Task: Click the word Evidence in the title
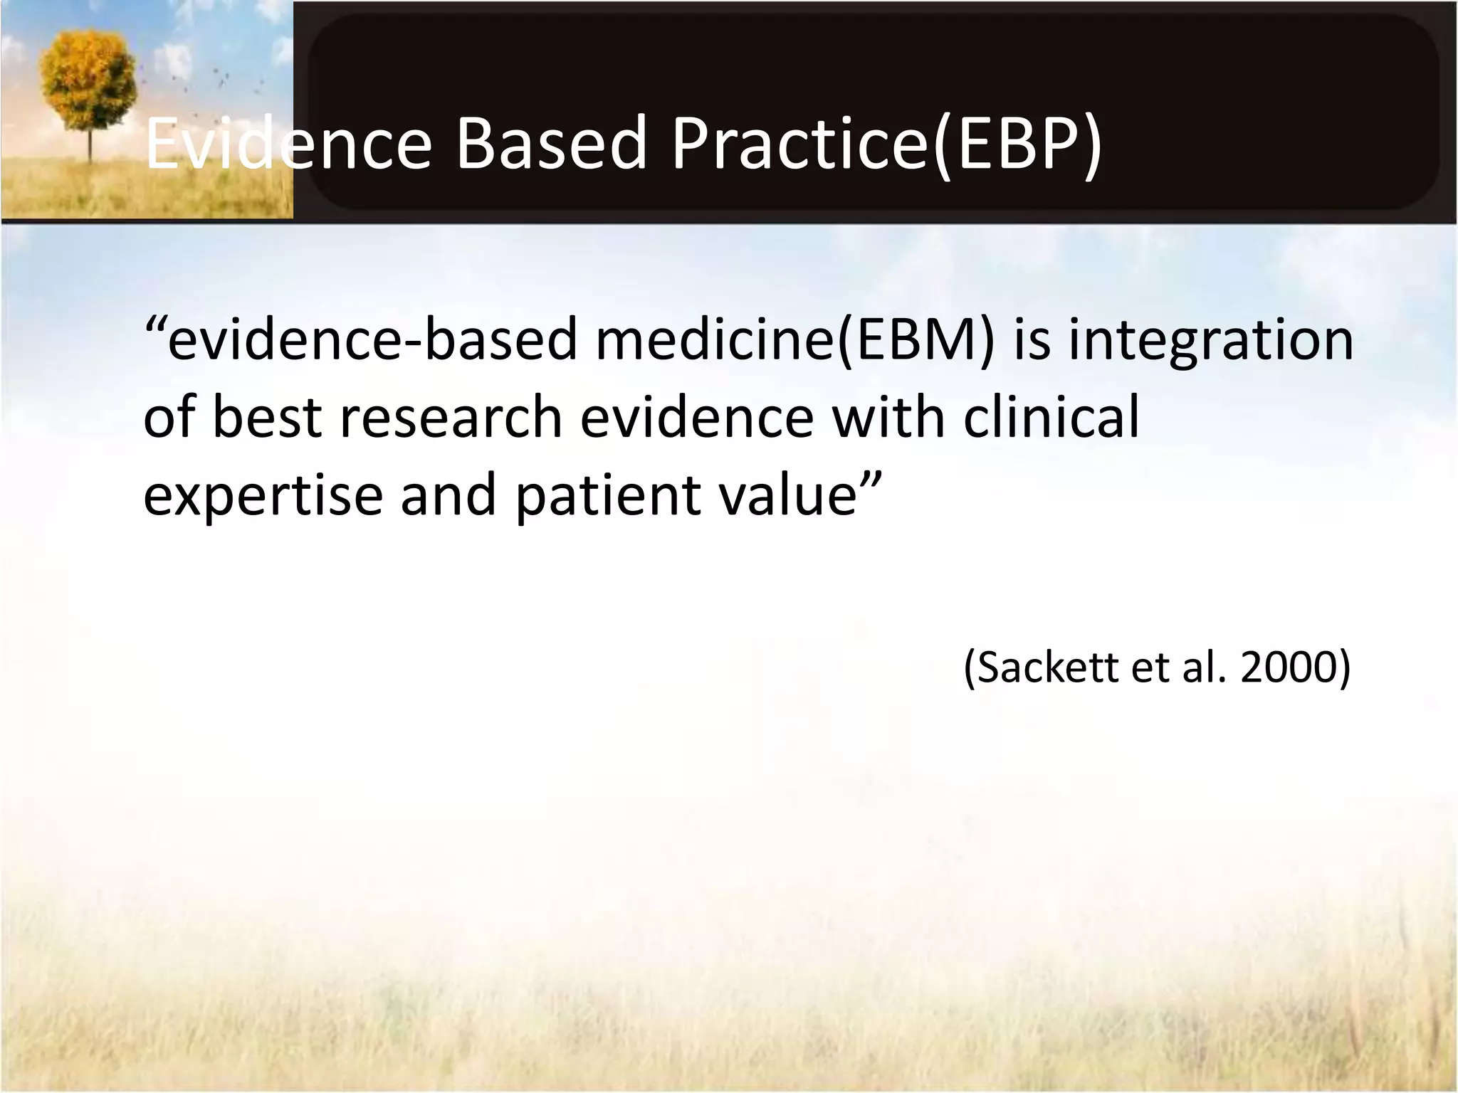point(288,144)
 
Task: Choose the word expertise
point(263,497)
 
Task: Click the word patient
point(597,495)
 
